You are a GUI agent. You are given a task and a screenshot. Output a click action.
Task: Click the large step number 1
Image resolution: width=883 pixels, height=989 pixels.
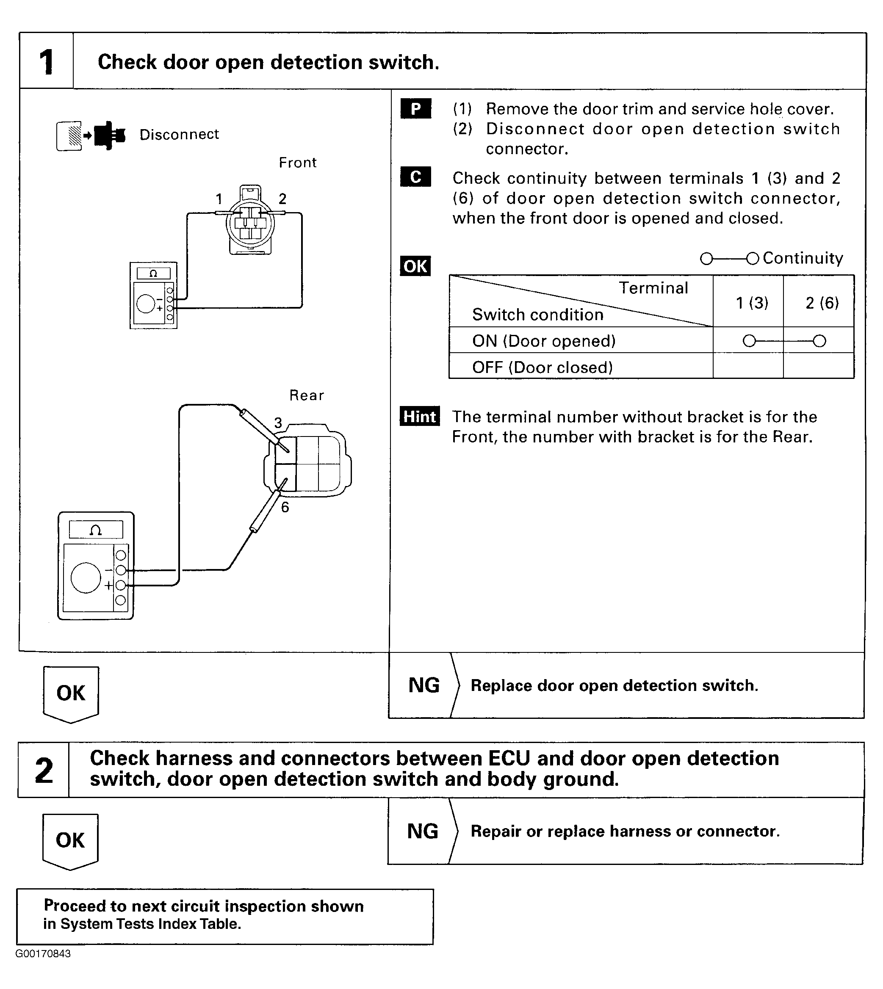coord(47,62)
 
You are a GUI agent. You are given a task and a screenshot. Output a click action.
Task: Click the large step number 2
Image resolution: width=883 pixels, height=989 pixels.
coord(44,771)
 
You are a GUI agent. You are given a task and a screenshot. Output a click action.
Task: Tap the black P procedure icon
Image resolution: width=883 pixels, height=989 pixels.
coord(416,109)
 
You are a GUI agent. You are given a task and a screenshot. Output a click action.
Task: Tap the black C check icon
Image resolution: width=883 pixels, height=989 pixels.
coord(416,177)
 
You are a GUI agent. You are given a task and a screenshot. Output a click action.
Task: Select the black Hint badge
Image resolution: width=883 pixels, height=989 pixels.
coord(420,416)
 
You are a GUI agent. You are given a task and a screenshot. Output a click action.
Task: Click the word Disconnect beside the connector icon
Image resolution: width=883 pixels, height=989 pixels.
coord(179,134)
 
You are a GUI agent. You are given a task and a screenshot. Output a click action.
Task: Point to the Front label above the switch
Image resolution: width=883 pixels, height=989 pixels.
coord(297,163)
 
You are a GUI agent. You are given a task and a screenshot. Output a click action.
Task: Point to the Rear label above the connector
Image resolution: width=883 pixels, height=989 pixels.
coord(307,395)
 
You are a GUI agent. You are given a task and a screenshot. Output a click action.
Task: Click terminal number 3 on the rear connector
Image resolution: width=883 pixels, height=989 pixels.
coord(278,423)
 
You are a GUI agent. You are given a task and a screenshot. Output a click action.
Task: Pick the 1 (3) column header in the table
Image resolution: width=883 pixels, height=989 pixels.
coord(752,303)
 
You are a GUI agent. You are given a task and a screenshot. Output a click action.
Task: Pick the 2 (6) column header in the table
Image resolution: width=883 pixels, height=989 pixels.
coord(822,303)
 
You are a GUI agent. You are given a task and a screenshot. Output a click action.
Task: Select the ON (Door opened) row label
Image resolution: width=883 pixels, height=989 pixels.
coord(544,341)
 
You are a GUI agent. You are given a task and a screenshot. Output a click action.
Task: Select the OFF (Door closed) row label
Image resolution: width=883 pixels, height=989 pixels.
coord(543,367)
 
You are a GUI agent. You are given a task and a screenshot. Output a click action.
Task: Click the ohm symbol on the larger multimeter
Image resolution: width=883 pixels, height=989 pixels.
coord(96,530)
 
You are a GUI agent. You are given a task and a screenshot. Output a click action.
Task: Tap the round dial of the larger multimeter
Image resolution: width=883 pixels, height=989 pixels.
coord(86,577)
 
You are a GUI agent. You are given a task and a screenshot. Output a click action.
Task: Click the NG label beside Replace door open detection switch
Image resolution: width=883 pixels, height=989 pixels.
coord(424,685)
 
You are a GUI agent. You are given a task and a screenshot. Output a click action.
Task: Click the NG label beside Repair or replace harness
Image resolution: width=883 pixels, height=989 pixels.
coord(423,831)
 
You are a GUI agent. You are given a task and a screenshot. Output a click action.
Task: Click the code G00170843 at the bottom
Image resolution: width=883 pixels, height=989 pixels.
coord(43,953)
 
